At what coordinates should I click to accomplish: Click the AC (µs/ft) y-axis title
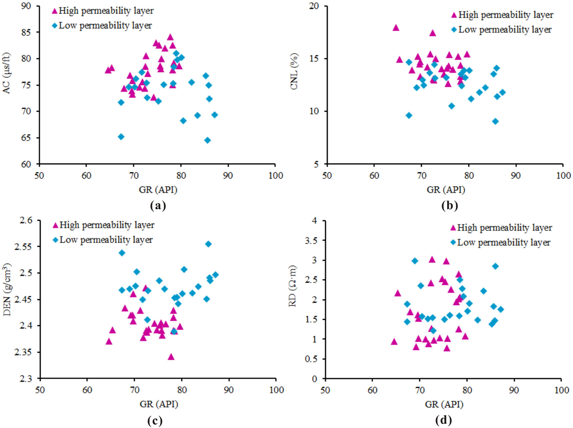[x=6, y=73]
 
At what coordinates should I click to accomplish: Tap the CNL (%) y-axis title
[x=294, y=72]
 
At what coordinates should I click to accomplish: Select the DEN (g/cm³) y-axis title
[x=7, y=289]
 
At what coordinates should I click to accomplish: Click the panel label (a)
[x=158, y=205]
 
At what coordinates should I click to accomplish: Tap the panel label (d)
[x=443, y=420]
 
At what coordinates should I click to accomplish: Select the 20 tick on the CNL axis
[x=314, y=6]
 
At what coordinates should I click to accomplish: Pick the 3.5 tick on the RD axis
[x=311, y=241]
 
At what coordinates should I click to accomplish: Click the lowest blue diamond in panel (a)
[x=207, y=140]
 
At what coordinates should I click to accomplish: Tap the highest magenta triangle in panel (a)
[x=170, y=37]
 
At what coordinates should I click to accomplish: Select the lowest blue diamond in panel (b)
[x=495, y=121]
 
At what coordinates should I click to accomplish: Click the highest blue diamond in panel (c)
[x=208, y=244]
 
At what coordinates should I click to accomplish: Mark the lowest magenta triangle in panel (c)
[x=171, y=357]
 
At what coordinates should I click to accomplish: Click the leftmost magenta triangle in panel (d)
[x=394, y=341]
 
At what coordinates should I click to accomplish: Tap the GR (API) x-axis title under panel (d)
[x=444, y=404]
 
